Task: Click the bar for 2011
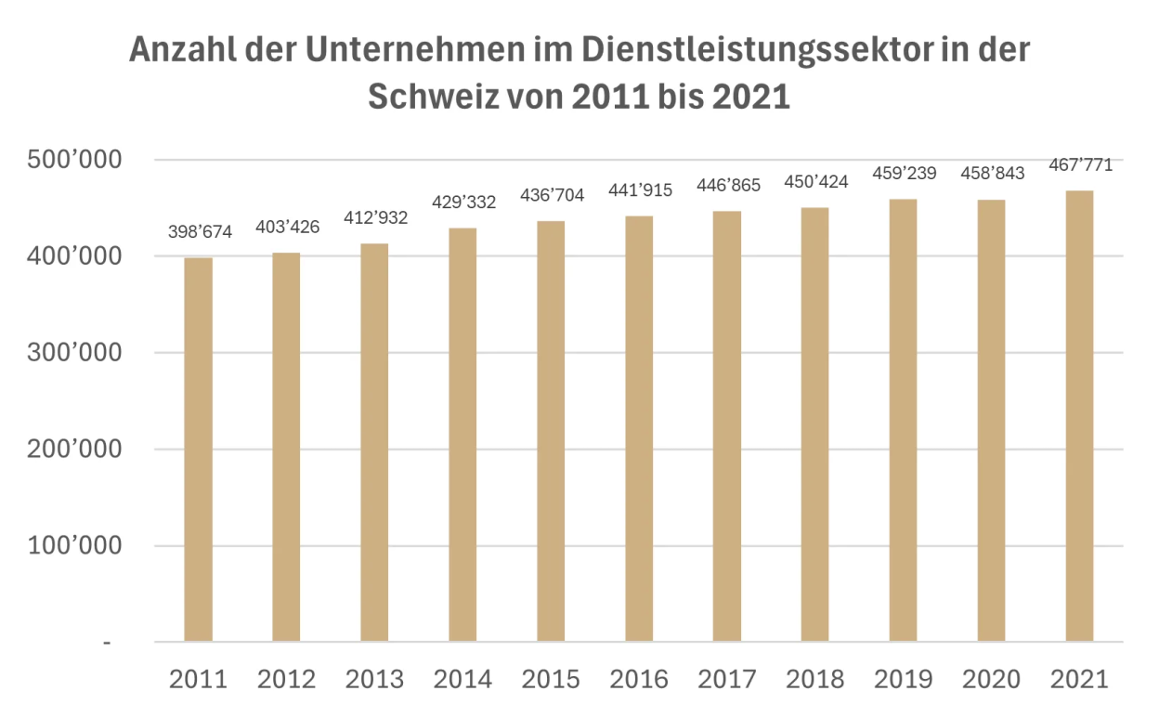(198, 450)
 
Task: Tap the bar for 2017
(727, 426)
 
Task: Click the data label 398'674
(200, 232)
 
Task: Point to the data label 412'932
(376, 218)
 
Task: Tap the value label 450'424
(816, 182)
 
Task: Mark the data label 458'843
(993, 174)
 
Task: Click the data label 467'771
(1081, 166)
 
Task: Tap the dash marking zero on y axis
(108, 642)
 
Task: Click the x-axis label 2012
(286, 679)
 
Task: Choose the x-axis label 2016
(639, 679)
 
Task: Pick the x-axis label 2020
(992, 679)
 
